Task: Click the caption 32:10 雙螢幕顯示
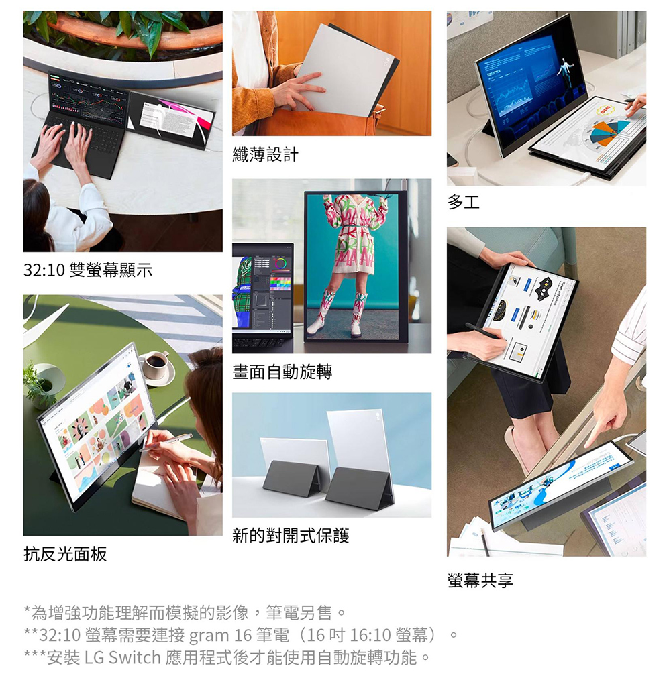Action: tap(88, 270)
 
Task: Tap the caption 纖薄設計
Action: tap(266, 154)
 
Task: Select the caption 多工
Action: tap(463, 202)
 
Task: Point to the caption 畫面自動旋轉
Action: tap(282, 372)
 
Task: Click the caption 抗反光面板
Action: tap(65, 553)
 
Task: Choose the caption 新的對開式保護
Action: tap(291, 535)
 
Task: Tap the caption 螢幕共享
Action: tap(480, 581)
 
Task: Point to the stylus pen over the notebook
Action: tap(165, 441)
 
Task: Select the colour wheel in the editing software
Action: tap(281, 264)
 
